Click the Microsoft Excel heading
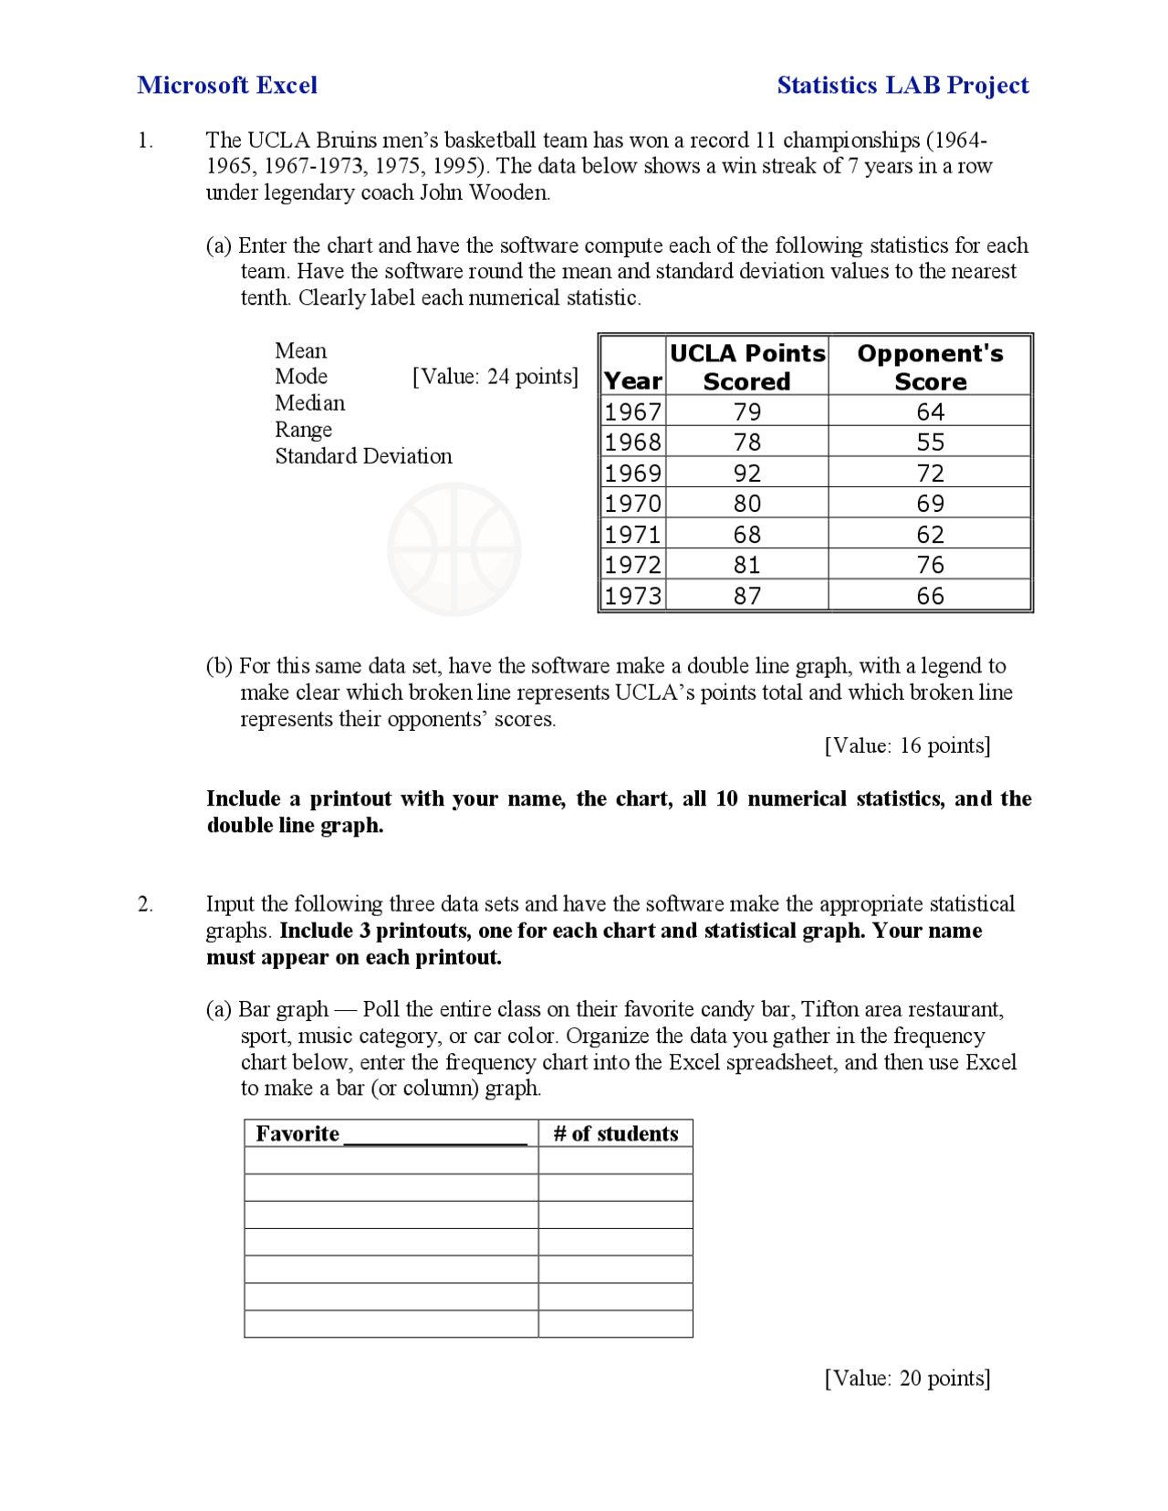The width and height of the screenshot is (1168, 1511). [227, 86]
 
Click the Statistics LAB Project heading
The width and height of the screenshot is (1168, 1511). [902, 86]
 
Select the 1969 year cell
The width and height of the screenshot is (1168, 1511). [632, 473]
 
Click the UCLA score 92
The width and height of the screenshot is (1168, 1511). [746, 473]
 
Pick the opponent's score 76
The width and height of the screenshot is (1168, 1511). [929, 565]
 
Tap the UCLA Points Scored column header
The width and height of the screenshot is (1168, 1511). [746, 367]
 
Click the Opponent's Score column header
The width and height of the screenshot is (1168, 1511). [929, 367]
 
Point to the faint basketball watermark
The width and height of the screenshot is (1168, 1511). [454, 549]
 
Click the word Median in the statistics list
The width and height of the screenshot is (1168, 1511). [310, 403]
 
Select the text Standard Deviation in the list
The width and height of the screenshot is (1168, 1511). [363, 456]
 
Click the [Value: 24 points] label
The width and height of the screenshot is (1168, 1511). [495, 377]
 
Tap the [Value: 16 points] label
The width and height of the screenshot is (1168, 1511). [907, 745]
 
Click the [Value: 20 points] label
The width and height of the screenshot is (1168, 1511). [907, 1378]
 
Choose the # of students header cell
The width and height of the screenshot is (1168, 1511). [615, 1133]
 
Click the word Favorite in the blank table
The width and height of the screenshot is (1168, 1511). [297, 1133]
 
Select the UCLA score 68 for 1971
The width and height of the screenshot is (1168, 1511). [746, 535]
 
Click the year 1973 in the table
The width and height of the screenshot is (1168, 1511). [632, 596]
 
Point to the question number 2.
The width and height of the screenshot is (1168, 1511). [145, 904]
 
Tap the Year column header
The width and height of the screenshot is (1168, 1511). [632, 381]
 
